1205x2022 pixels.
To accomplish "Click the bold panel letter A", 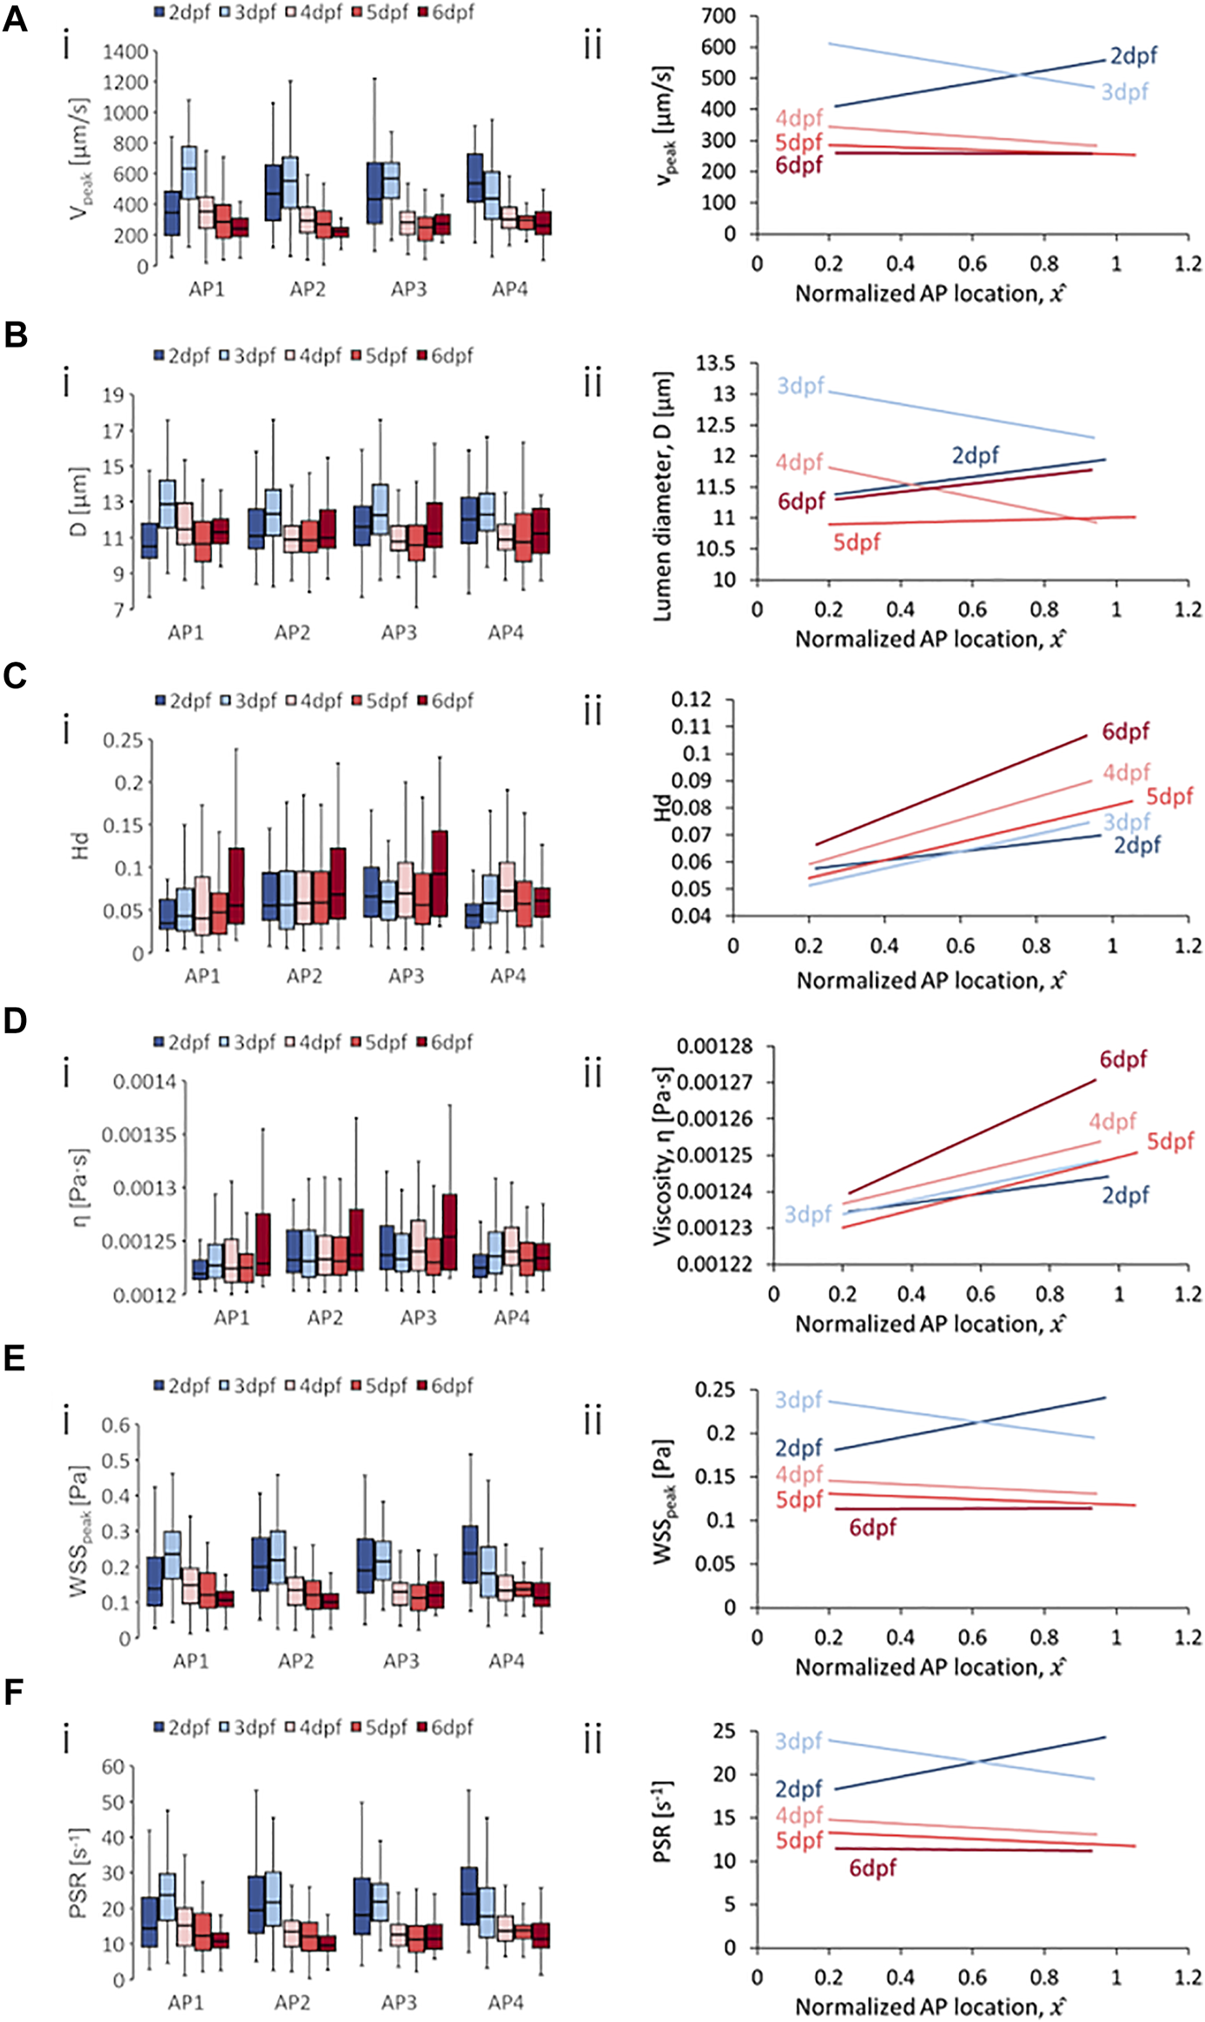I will [15, 19].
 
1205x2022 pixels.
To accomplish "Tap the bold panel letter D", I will [15, 1020].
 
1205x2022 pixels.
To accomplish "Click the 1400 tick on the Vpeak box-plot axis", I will [125, 51].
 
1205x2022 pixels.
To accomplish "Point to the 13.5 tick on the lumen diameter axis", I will [714, 362].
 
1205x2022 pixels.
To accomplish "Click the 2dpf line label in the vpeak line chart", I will [1133, 56].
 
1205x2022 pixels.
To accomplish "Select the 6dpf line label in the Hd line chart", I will [1125, 732].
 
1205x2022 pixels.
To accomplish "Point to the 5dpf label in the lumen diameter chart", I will [857, 542].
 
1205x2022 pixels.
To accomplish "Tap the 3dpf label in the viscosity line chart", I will [808, 1214].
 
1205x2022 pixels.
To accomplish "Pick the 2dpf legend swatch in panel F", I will [160, 1727].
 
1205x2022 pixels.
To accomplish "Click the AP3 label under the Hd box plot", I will [406, 976].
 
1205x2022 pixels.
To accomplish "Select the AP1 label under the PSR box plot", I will [186, 2002].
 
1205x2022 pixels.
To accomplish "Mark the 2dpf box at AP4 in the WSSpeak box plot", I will [470, 1554].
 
